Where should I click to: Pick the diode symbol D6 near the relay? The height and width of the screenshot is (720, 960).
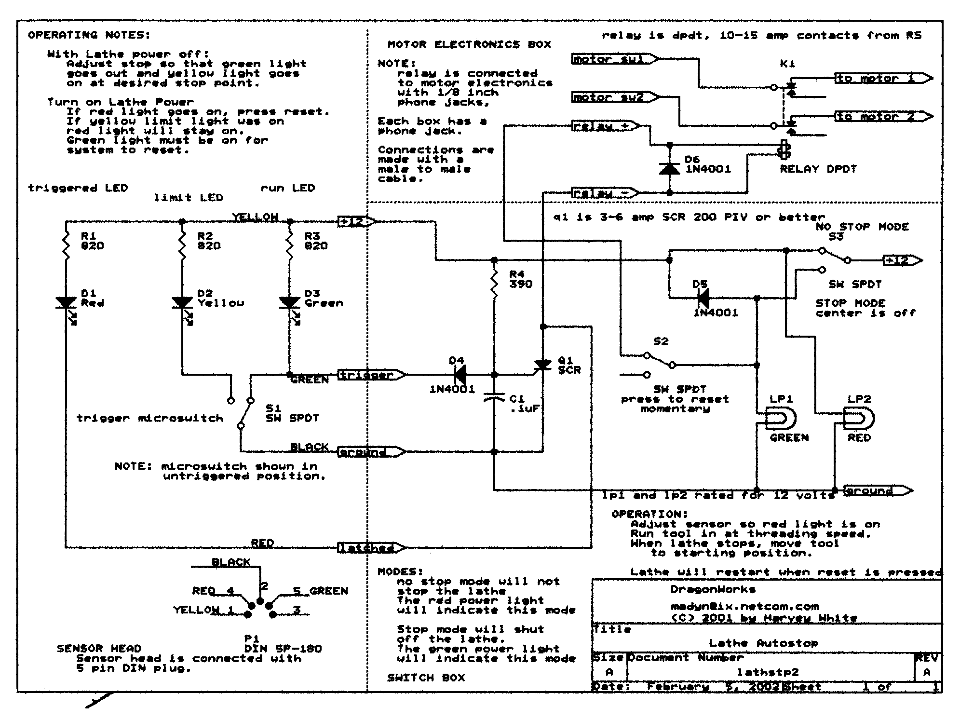tap(669, 168)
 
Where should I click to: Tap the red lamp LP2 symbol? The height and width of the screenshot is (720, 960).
tap(858, 418)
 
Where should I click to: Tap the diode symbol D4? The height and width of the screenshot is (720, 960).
tap(460, 374)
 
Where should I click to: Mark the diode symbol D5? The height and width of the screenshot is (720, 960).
tap(703, 298)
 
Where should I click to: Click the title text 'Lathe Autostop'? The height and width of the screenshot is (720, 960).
tap(763, 643)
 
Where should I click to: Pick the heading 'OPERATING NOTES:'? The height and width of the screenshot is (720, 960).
tap(89, 35)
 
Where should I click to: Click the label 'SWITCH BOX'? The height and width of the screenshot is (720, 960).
tap(426, 678)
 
